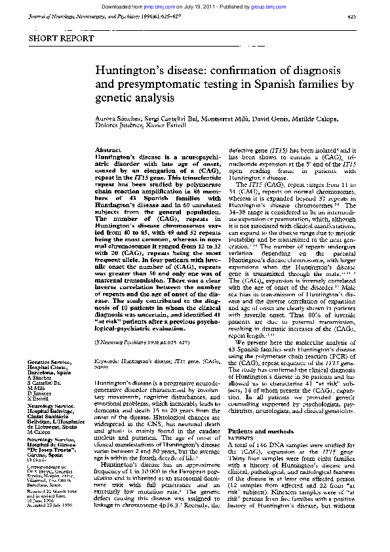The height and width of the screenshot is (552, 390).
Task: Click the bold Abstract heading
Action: [107, 150]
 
